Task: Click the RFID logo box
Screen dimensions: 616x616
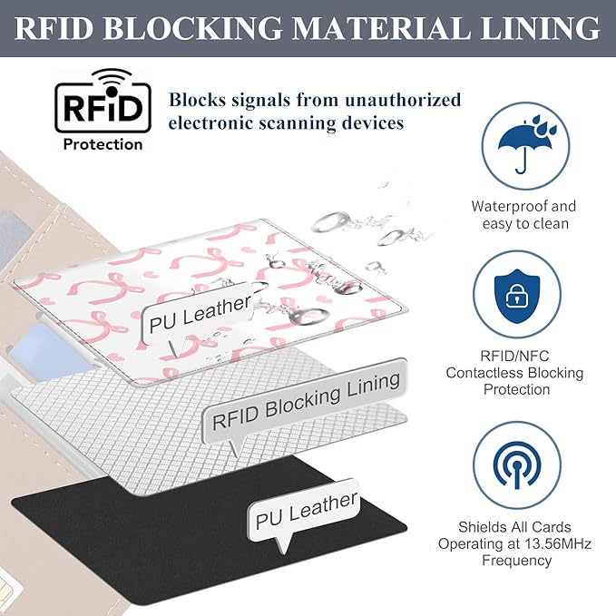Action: tap(101, 105)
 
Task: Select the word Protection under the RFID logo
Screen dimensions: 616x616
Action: tap(102, 144)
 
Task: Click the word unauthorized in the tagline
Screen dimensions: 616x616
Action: tap(404, 100)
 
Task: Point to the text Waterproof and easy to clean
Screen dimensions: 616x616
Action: tap(523, 215)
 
